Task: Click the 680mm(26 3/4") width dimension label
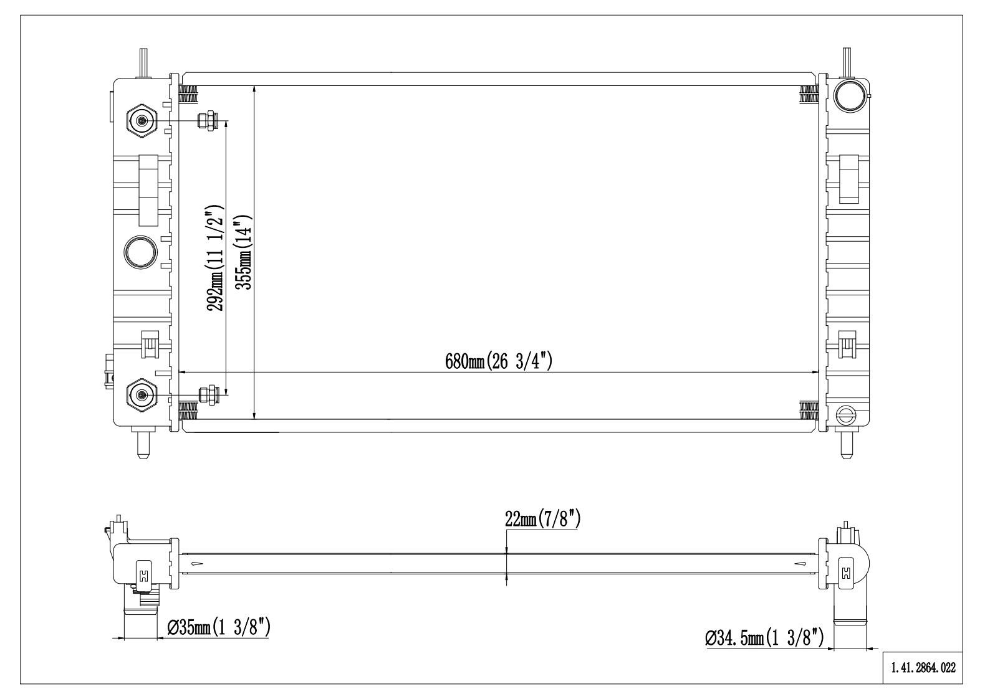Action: [x=498, y=361]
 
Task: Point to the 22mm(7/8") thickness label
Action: [x=542, y=519]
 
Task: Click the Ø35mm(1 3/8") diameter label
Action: [x=218, y=627]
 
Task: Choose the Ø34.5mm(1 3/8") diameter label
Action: [x=765, y=638]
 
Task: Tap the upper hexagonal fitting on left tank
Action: [x=142, y=120]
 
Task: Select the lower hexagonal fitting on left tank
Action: [x=142, y=395]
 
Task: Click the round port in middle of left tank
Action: [x=141, y=251]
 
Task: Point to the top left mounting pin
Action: [x=143, y=62]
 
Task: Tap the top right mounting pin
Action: [x=847, y=62]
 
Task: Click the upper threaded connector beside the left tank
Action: [x=207, y=120]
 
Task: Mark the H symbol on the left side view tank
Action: [x=144, y=574]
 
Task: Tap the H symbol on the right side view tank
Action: [x=846, y=574]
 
